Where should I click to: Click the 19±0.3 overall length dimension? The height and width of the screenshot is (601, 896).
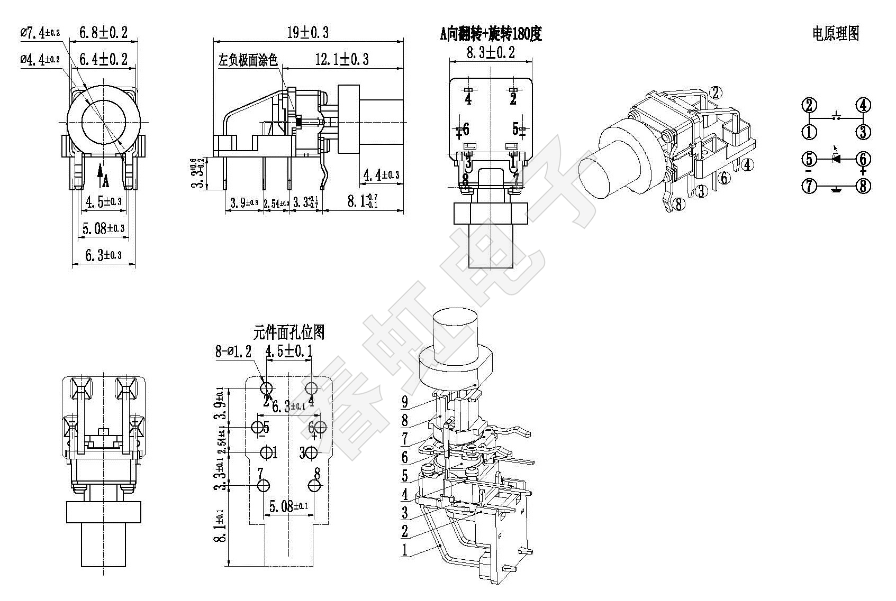(307, 33)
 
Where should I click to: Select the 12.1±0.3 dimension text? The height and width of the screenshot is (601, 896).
(342, 59)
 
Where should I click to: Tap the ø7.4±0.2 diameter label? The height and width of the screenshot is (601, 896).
(40, 33)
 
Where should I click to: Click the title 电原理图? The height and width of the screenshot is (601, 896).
(836, 34)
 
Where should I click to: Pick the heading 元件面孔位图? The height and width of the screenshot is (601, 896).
(288, 332)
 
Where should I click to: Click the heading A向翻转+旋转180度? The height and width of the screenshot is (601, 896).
(491, 34)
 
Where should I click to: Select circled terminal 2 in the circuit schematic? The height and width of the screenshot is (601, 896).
(809, 105)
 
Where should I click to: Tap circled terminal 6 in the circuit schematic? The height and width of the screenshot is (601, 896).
(863, 159)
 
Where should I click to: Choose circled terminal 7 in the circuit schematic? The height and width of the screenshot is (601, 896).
(809, 186)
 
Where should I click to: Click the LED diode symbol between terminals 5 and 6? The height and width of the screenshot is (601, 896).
(836, 158)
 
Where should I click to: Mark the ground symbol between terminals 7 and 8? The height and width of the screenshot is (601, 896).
(836, 188)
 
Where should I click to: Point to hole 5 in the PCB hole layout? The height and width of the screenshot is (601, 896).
(258, 427)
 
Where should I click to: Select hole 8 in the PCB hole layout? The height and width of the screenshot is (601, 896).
(315, 485)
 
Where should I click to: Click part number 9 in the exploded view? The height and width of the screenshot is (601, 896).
(405, 402)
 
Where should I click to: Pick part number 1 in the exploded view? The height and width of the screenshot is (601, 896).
(405, 550)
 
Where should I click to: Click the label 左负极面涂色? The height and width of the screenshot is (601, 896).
(248, 60)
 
